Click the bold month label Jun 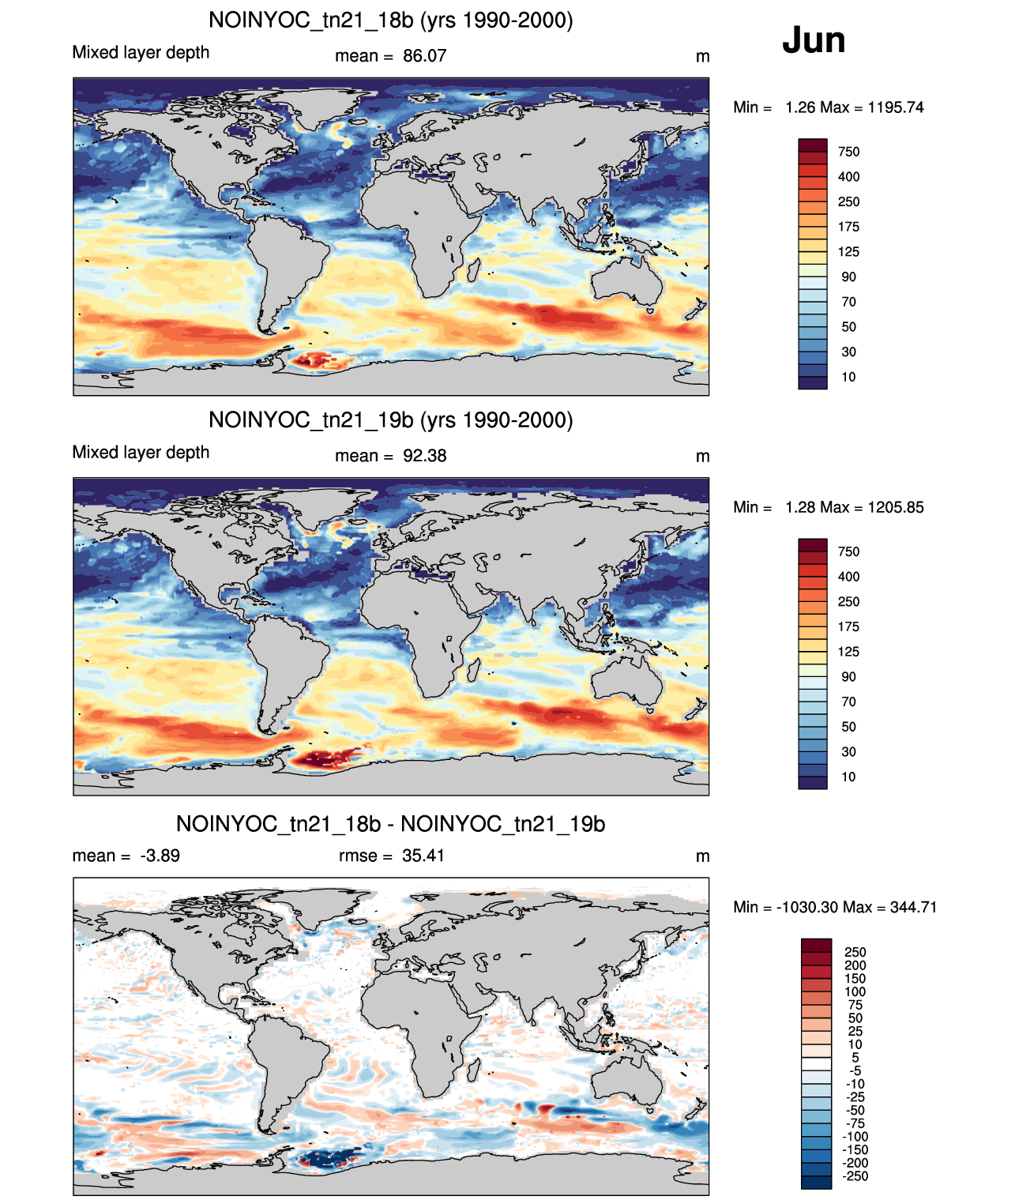(813, 40)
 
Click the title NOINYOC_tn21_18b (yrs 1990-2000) (390, 21)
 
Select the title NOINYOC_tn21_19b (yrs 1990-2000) (390, 419)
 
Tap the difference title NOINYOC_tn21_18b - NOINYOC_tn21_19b (390, 824)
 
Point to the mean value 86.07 (425, 56)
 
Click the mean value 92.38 (425, 456)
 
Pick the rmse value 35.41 (423, 855)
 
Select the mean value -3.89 (160, 855)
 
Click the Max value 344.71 (913, 907)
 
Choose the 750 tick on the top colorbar (848, 152)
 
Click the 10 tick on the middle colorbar (848, 777)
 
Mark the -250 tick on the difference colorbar (855, 1176)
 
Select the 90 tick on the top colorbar (848, 277)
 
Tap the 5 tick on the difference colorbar (855, 1057)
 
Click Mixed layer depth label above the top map (141, 52)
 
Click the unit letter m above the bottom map (703, 856)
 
